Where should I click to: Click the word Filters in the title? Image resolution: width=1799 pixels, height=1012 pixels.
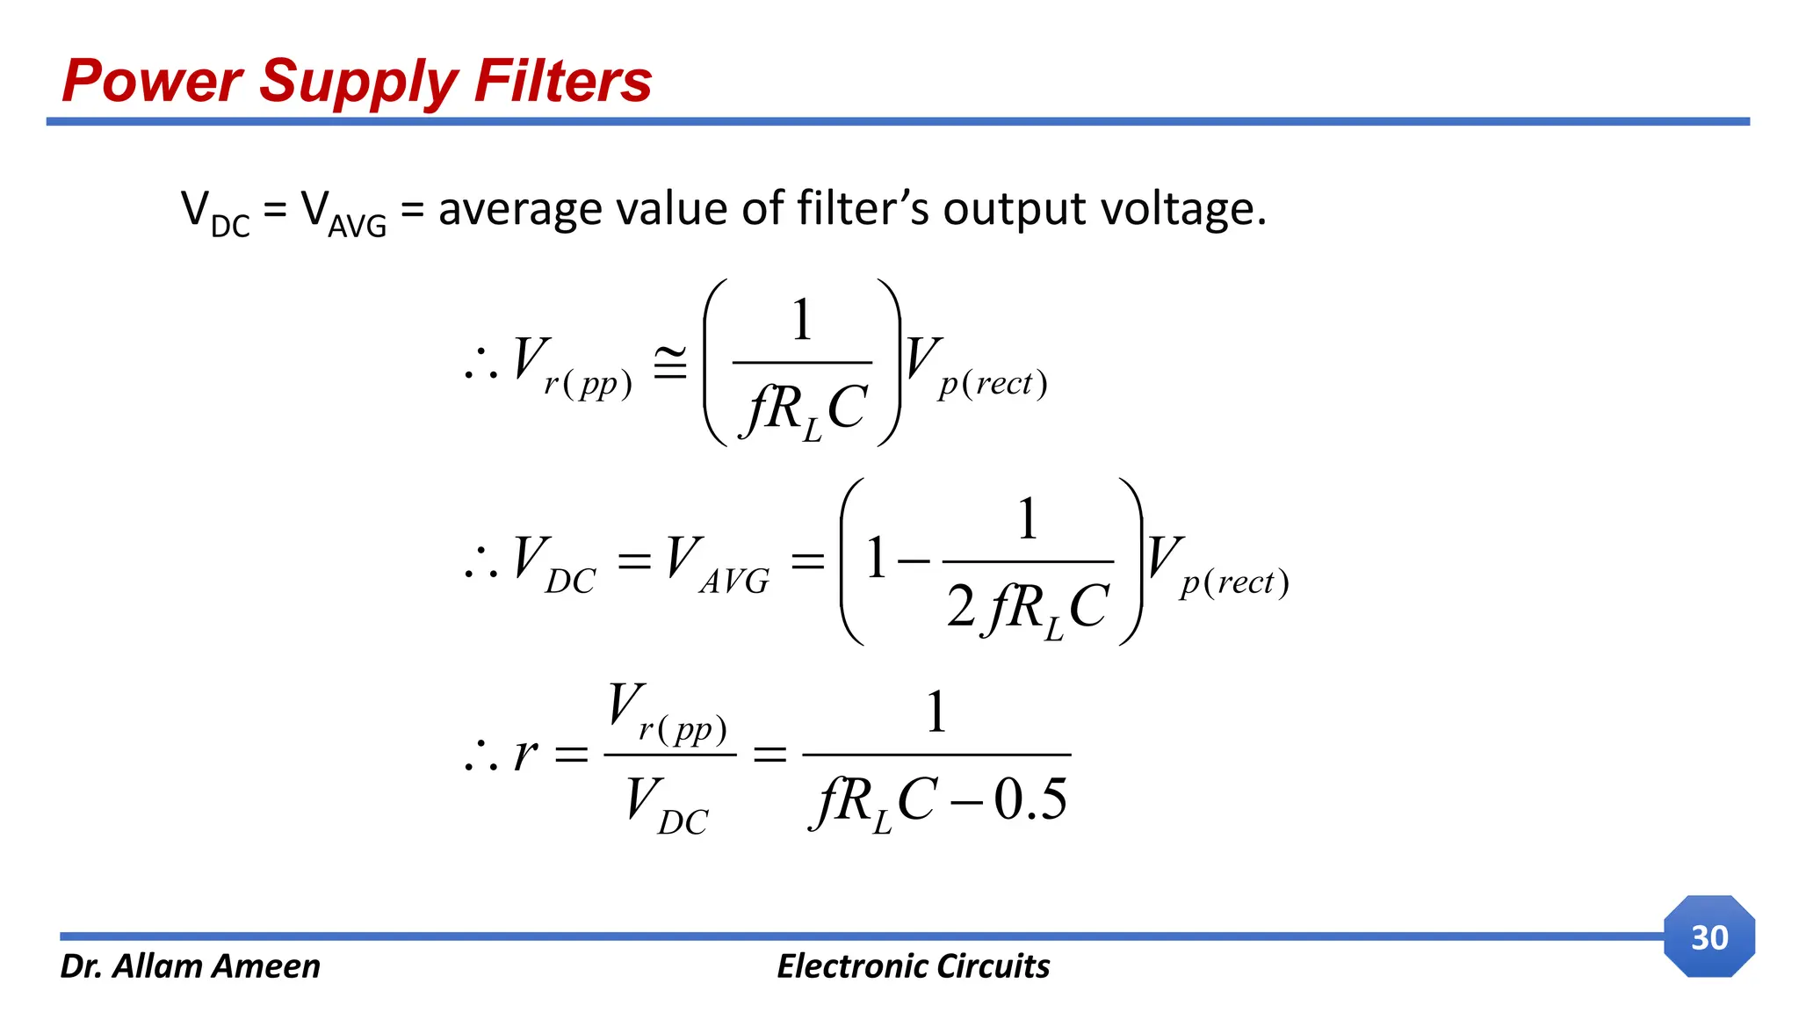click(562, 81)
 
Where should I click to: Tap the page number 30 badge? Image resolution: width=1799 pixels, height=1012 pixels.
click(1709, 937)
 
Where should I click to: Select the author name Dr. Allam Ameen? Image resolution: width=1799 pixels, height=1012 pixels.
click(190, 966)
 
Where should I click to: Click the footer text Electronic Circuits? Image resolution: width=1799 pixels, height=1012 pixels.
click(913, 966)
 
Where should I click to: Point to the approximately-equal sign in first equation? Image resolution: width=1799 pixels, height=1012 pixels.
click(670, 364)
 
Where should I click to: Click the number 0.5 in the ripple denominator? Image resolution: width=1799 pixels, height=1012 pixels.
click(1030, 799)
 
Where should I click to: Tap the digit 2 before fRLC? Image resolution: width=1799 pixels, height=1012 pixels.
click(960, 606)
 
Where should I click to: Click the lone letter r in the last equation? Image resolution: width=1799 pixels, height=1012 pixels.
click(525, 754)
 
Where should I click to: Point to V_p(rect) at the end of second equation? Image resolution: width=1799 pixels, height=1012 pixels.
click(1217, 566)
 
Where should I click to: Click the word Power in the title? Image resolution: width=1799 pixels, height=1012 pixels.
click(152, 81)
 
